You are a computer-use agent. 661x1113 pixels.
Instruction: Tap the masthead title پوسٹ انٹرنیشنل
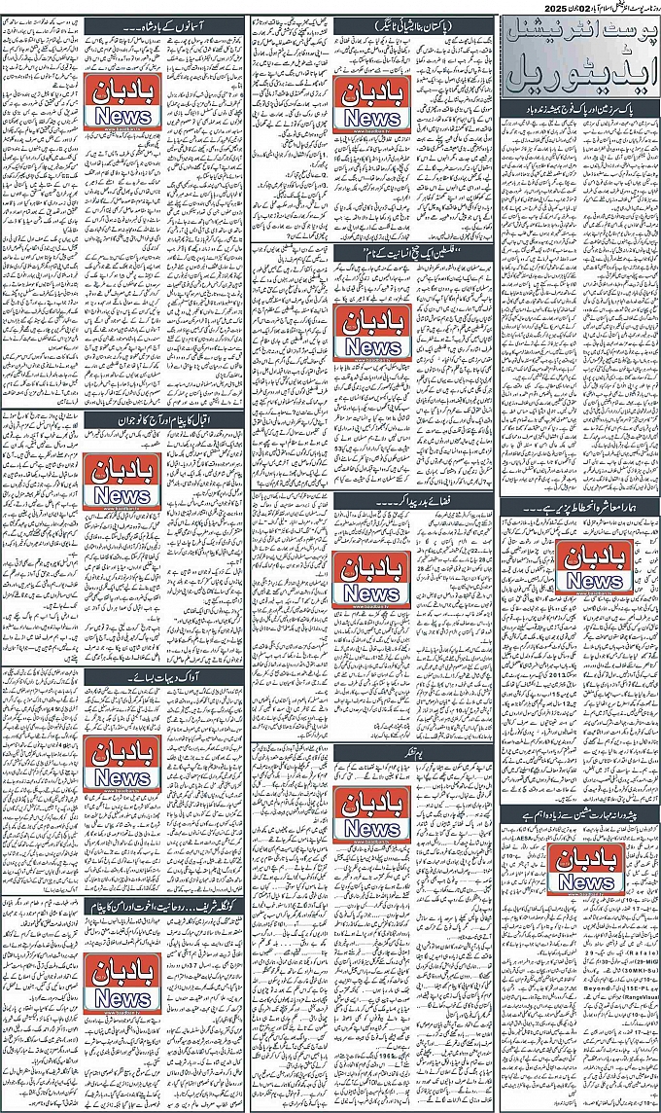578,35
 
